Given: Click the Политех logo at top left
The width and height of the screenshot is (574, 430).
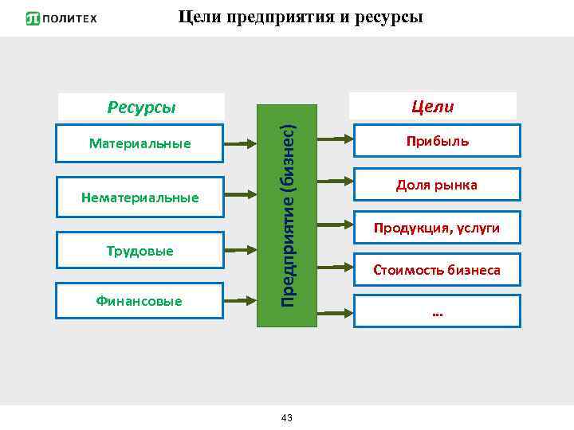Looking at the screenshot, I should [61, 18].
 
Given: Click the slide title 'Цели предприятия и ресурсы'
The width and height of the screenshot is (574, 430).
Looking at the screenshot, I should [301, 17].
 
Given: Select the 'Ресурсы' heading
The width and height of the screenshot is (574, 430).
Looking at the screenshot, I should [141, 107].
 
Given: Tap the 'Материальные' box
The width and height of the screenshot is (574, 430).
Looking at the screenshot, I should [140, 143].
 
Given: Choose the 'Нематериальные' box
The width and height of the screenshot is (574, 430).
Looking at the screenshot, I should [140, 197].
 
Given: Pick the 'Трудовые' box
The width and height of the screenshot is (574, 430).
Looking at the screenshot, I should [140, 251].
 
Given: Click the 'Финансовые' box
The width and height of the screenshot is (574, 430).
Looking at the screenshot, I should [140, 301].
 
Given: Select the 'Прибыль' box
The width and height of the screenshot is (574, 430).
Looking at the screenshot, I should [437, 141].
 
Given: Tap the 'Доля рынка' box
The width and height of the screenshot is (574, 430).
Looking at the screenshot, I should [437, 185].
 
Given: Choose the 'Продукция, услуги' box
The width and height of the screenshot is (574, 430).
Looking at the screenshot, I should [437, 229].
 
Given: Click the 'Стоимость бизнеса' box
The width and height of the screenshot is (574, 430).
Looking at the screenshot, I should [437, 271].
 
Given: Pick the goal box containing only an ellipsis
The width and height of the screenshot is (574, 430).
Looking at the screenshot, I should [437, 313].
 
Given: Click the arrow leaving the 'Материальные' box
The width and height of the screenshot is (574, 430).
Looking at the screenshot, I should [240, 144].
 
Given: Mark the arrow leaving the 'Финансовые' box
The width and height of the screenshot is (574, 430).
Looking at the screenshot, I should [240, 301].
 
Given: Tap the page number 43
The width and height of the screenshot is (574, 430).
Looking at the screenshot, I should [287, 418].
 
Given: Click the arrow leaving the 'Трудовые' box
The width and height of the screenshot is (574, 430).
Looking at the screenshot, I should [240, 251].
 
